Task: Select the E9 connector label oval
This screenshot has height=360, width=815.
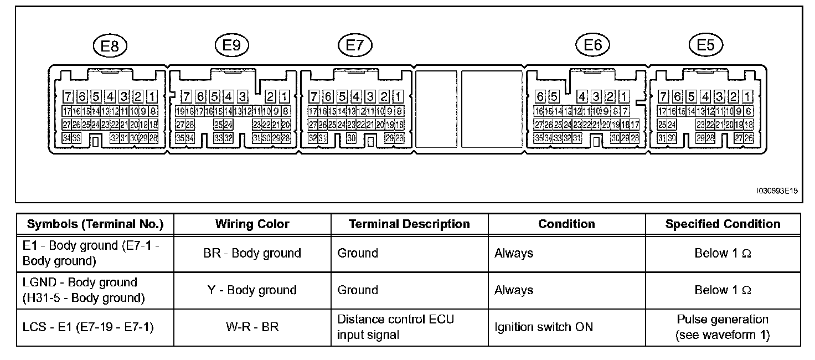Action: click(x=231, y=46)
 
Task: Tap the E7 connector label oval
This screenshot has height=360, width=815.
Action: click(x=354, y=46)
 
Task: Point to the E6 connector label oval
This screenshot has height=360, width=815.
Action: click(x=592, y=45)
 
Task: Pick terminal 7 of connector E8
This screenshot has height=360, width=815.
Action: click(x=68, y=96)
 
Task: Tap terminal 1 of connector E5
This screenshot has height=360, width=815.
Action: click(x=749, y=96)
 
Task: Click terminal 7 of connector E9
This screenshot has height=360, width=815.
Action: click(x=187, y=96)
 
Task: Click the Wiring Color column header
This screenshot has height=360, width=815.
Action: click(x=252, y=224)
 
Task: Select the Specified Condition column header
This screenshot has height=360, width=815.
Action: click(x=723, y=224)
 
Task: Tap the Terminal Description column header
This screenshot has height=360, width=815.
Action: click(x=409, y=224)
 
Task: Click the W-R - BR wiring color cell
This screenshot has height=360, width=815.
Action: click(x=252, y=327)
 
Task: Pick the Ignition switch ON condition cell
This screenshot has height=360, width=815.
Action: click(x=544, y=327)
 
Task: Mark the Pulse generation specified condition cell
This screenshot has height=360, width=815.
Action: click(x=723, y=327)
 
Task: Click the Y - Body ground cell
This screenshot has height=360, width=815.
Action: click(x=252, y=290)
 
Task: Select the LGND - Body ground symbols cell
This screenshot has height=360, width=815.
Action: click(x=83, y=290)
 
